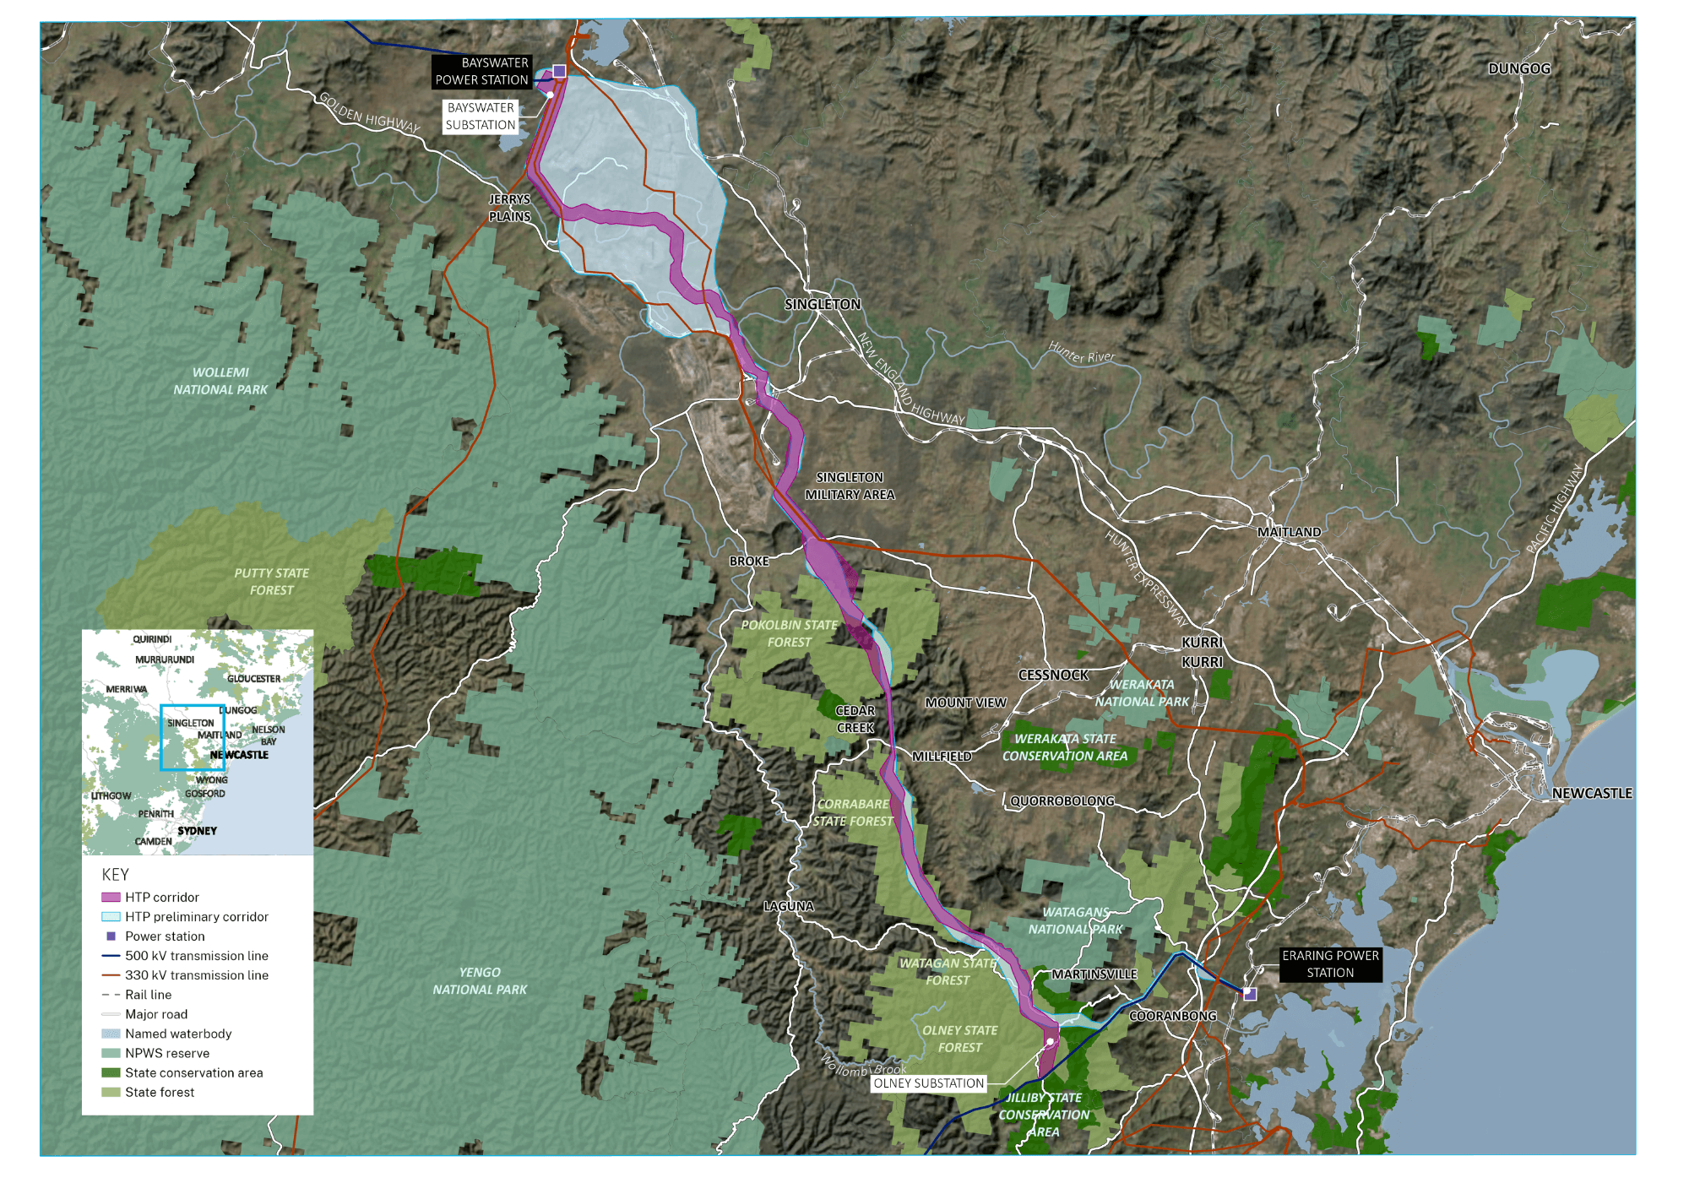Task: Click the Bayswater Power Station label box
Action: (x=481, y=72)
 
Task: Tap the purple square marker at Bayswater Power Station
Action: (x=559, y=71)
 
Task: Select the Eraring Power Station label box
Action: (x=1330, y=964)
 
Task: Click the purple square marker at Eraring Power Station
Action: (x=1250, y=995)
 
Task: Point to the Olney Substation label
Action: (x=928, y=1083)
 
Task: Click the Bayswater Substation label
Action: (x=481, y=117)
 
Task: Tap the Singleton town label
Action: (x=822, y=304)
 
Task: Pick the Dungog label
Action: (x=1518, y=69)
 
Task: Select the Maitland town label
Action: (x=1289, y=532)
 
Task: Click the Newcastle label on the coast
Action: (x=1591, y=794)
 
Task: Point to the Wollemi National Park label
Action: (x=220, y=381)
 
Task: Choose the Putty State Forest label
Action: (x=271, y=582)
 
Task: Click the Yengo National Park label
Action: (x=480, y=981)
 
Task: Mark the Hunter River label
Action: (x=1081, y=352)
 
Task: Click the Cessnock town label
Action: (x=1053, y=676)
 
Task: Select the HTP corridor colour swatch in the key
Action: (x=111, y=898)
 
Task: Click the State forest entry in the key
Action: (x=160, y=1093)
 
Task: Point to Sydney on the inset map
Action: (x=197, y=831)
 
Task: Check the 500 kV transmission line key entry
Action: (x=196, y=956)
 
